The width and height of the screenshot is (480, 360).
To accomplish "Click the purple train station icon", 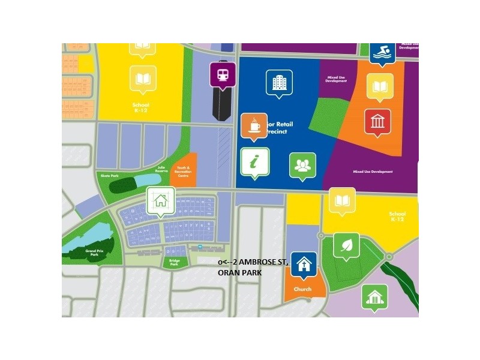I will click(223, 74).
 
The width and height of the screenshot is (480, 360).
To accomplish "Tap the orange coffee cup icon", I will click(254, 126).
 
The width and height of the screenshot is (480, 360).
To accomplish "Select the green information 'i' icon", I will click(255, 161).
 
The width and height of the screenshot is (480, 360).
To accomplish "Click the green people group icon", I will click(302, 165).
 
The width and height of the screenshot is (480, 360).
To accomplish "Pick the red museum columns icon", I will click(377, 122).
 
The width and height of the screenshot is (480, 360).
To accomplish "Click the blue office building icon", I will click(279, 83).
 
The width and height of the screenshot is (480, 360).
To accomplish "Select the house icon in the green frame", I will click(160, 200).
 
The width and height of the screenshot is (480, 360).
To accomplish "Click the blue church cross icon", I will click(304, 265).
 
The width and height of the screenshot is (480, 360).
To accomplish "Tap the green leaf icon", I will click(346, 245).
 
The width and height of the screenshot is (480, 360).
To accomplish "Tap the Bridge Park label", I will click(175, 262).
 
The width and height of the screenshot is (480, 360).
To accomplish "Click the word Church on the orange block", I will click(302, 289).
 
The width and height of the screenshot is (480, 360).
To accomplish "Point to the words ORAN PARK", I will click(240, 274).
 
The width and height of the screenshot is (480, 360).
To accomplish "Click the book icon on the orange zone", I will click(380, 86).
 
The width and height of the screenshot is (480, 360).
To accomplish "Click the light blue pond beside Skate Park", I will click(145, 181).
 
